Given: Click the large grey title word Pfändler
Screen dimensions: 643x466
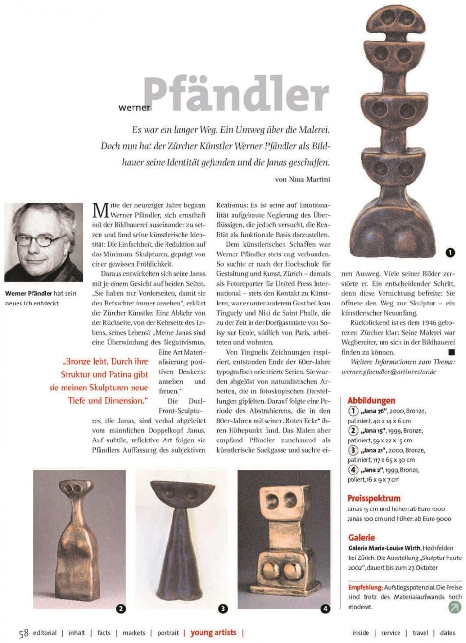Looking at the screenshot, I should tap(236, 94).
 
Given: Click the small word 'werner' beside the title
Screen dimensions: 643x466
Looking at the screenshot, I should tap(134, 108).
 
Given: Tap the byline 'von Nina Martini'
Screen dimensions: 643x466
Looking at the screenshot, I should tap(302, 179).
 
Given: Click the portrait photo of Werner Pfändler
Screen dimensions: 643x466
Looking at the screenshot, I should tap(44, 242).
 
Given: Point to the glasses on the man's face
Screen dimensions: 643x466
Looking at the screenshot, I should tap(42, 240).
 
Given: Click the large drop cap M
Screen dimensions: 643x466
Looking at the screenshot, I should tap(100, 210).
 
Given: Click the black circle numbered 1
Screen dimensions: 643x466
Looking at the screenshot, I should tap(450, 252).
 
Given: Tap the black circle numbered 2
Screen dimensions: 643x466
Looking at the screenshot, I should tap(121, 608).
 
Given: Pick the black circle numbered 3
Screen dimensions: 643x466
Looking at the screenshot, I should tap(223, 608).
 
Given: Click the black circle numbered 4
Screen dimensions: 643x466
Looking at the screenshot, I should tap(325, 608).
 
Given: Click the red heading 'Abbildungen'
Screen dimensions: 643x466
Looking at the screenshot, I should tap(371, 400).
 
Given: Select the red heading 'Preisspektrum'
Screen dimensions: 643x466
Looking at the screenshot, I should tap(374, 498).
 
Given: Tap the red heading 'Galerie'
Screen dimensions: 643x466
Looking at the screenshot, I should tap(361, 537).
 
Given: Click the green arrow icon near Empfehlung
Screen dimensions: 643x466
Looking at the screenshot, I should tap(454, 607).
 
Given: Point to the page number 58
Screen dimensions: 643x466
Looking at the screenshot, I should tap(23, 633).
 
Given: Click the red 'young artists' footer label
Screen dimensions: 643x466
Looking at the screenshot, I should tap(213, 632).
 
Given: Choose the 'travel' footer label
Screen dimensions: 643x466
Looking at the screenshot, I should tap(420, 633).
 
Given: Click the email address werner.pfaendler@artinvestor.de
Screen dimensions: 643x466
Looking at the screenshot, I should tap(388, 372).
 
